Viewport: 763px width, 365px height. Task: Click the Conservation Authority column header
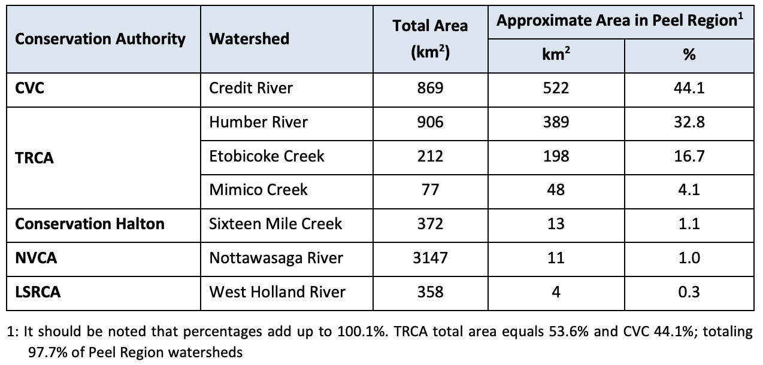(x=100, y=39)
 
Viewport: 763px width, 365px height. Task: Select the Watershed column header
(x=249, y=39)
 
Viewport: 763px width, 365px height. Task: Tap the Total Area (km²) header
(x=430, y=39)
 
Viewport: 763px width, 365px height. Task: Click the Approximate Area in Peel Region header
(x=620, y=21)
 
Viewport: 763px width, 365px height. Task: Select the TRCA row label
(x=34, y=159)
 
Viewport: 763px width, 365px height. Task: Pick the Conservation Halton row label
(x=90, y=224)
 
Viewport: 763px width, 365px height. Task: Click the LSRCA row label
(x=38, y=292)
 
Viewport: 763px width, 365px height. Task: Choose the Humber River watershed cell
(x=258, y=122)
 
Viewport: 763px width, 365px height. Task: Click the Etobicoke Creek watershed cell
(x=267, y=156)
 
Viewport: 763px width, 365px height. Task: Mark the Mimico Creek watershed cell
(x=258, y=190)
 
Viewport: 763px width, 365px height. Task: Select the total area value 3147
(x=430, y=258)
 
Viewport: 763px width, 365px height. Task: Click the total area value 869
(x=430, y=88)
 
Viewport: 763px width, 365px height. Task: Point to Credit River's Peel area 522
(x=556, y=88)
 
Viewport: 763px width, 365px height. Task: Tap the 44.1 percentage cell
(x=689, y=88)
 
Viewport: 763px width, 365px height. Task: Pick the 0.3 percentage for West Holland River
(x=689, y=292)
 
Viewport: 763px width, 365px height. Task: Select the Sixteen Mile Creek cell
(x=275, y=224)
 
